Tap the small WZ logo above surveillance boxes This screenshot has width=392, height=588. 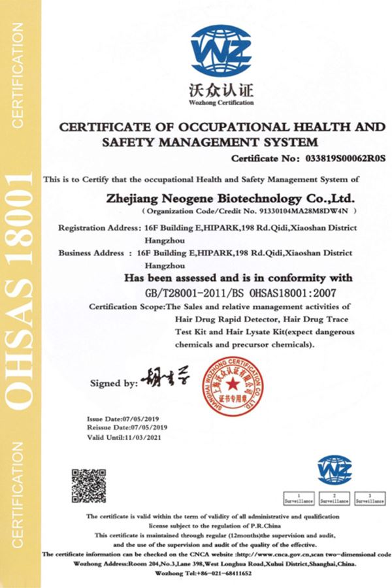pyautogui.click(x=335, y=469)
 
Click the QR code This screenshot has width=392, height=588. pyautogui.click(x=90, y=485)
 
